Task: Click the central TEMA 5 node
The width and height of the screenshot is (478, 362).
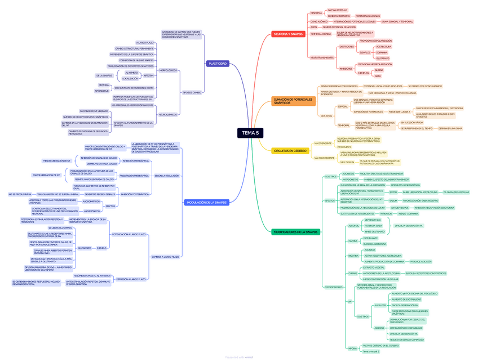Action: (x=250, y=133)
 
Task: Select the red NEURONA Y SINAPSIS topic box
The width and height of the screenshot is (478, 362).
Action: (x=289, y=34)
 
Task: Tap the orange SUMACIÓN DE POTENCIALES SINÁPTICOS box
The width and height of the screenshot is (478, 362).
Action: (x=294, y=101)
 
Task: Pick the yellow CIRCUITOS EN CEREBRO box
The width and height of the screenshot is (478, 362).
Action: (x=290, y=151)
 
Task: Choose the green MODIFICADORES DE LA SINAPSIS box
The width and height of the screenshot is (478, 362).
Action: (x=295, y=232)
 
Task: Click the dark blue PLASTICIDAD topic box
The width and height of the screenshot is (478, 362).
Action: (x=218, y=64)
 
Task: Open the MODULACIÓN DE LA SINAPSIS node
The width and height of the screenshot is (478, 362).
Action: (x=206, y=203)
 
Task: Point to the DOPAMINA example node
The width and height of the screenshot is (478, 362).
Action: (x=382, y=52)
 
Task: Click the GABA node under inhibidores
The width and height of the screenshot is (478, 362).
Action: (x=378, y=75)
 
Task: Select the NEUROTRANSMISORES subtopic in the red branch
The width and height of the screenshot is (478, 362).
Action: (x=322, y=57)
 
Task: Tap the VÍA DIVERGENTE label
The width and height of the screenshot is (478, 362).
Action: (x=323, y=143)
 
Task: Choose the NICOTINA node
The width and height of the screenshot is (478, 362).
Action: (x=353, y=256)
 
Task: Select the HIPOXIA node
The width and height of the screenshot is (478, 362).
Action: (x=352, y=348)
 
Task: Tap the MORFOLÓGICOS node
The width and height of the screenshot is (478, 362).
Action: (x=169, y=70)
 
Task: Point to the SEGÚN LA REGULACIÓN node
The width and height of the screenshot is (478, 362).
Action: (x=166, y=176)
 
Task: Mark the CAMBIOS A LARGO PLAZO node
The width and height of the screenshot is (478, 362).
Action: (x=165, y=257)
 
